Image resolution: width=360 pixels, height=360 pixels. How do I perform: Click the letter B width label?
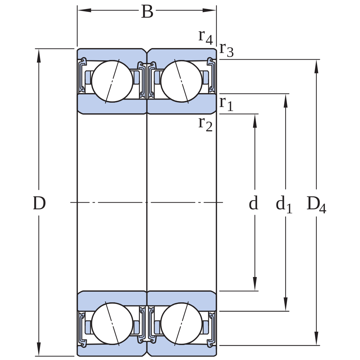(147, 11)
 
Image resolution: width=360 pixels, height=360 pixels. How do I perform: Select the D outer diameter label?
(39, 203)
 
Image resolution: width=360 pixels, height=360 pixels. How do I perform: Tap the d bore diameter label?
(253, 203)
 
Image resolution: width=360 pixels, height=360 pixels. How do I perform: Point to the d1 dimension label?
(284, 204)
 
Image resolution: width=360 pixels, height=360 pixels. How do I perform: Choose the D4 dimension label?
(316, 205)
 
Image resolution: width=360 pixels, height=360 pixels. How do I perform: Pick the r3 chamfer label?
(226, 50)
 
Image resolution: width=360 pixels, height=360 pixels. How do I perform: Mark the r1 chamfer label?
(226, 104)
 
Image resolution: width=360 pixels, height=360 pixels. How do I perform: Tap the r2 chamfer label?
(205, 124)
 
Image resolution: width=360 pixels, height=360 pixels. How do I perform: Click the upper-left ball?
(112, 81)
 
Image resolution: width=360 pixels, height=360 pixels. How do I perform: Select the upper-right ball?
(181, 81)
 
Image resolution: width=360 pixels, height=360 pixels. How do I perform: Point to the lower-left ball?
(112, 323)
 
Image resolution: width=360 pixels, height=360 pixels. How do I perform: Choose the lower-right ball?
(181, 323)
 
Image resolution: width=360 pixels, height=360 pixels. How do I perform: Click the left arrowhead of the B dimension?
(84, 10)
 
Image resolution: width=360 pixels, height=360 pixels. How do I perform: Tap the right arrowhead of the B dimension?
(209, 10)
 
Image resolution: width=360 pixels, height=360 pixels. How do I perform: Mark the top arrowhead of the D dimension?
(39, 56)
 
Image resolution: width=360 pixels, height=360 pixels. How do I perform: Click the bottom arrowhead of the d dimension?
(255, 284)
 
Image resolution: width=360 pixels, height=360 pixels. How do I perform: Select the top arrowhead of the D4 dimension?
(316, 66)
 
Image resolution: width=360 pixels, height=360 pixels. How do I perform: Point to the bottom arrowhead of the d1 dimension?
(286, 304)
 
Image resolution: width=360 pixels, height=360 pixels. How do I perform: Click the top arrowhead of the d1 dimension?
(286, 101)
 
